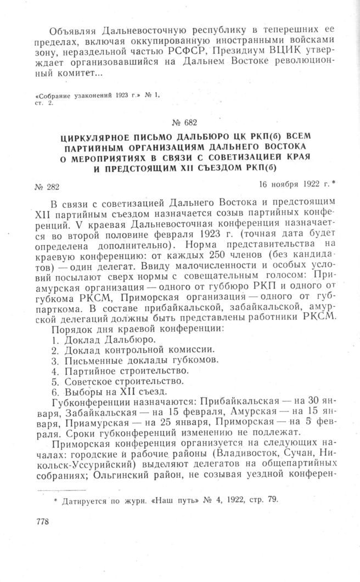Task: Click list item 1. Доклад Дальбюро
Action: [x=105, y=339]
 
